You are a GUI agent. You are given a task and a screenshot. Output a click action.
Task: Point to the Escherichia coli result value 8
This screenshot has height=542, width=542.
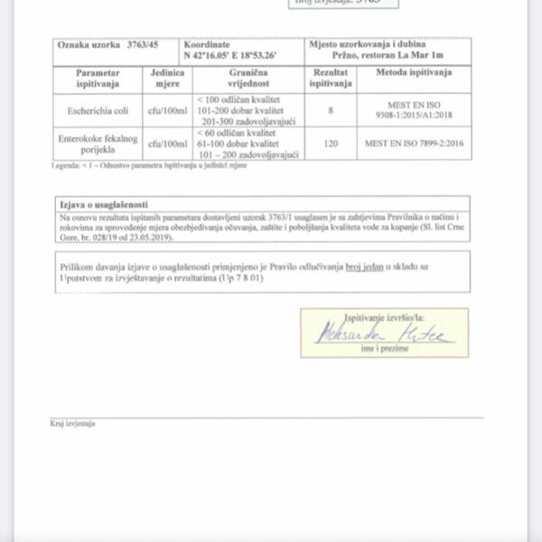tap(331, 110)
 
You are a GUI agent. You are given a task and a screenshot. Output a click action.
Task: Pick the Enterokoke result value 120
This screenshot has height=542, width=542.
tap(331, 143)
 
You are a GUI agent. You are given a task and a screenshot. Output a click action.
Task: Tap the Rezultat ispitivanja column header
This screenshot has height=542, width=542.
tap(331, 78)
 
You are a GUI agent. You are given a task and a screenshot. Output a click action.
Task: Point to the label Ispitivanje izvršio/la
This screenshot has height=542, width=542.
tap(384, 318)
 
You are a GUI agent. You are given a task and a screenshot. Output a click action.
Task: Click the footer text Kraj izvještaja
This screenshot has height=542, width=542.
tap(72, 423)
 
